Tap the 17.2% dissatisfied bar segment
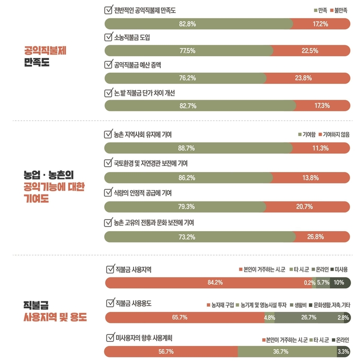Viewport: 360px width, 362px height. pos(320,24)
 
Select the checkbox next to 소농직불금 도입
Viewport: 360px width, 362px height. pos(108,37)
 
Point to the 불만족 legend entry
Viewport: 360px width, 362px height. pos(338,10)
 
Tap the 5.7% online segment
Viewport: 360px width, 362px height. pos(323,283)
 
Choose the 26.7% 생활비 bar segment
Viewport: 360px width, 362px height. pos(308,317)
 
